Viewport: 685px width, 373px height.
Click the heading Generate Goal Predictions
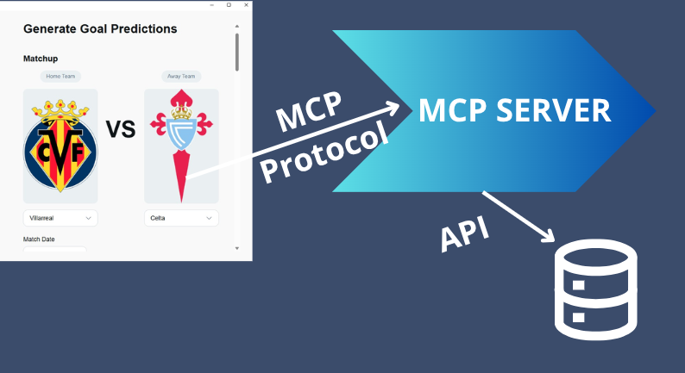[x=100, y=28]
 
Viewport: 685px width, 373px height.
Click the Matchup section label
[x=41, y=59]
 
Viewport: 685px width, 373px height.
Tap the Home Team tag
[x=60, y=77]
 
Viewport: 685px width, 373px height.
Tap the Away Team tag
[x=181, y=77]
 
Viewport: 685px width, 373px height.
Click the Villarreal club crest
[x=60, y=144]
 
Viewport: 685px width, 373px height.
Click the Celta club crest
[x=181, y=144]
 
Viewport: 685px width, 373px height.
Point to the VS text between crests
[x=121, y=129]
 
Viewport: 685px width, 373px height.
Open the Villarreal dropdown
[x=60, y=218]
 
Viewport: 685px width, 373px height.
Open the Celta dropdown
[x=181, y=218]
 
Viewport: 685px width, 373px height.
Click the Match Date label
[x=39, y=239]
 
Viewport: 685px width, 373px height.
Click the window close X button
[x=246, y=5]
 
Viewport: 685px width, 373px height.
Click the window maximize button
[x=229, y=5]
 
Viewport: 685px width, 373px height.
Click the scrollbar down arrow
[x=237, y=248]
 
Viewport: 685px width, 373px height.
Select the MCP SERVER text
[x=514, y=110]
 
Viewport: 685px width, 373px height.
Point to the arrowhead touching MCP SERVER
[x=395, y=108]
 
